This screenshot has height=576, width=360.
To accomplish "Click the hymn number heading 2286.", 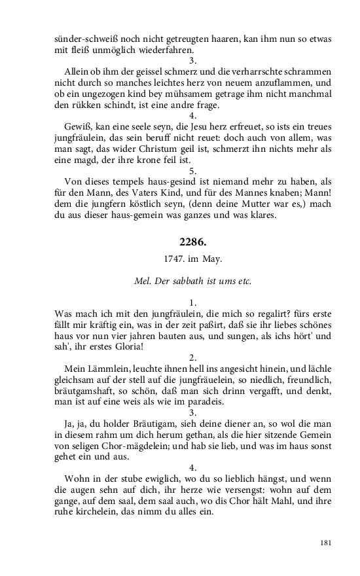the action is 192,243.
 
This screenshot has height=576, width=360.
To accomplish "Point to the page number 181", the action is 325,543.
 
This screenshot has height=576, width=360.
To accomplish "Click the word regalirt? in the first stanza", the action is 223,314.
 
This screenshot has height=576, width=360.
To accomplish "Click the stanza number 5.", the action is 192,171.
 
